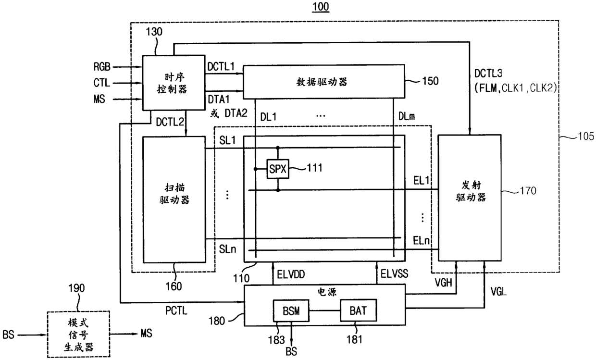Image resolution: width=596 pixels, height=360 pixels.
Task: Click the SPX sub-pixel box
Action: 278,169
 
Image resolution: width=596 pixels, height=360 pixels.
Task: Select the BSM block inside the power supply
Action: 291,311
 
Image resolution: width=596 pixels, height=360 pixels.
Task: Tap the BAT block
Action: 359,310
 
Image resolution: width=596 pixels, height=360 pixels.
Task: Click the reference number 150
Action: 430,81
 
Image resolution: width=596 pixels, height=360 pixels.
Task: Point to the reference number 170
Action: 528,191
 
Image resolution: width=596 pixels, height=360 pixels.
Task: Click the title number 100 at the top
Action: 321,6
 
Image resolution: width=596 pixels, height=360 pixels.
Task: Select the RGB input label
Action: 102,66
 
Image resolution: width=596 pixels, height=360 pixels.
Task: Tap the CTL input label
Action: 101,83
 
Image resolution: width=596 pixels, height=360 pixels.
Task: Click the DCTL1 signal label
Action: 221,66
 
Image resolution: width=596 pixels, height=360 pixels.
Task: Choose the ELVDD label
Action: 291,274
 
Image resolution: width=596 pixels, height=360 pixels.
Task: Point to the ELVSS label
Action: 394,273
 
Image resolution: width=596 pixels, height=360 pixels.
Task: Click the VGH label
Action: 443,283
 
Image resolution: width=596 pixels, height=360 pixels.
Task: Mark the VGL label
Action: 498,292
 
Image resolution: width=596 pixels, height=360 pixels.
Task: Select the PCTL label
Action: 176,310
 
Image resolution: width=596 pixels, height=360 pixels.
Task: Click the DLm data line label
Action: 407,116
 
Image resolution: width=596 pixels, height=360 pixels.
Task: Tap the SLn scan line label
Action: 227,249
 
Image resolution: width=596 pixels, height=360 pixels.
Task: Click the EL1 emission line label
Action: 422,181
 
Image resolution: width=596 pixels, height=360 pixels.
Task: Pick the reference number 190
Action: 76,288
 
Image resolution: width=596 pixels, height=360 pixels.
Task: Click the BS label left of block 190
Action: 8,335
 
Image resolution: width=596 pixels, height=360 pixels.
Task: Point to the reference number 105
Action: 585,136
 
